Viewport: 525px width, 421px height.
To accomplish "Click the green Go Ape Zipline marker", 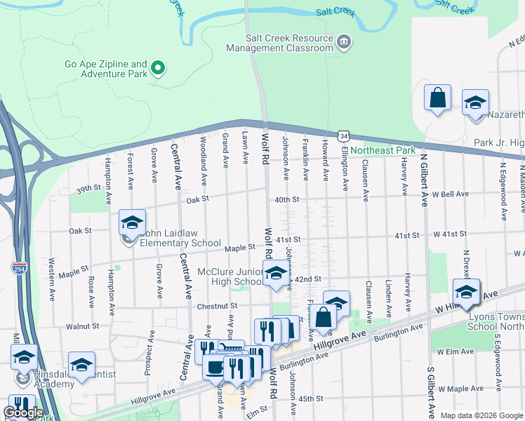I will click(x=159, y=68).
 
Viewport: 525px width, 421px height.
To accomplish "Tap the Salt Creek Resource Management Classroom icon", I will click(x=344, y=42).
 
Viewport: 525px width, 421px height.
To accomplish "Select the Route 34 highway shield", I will click(x=342, y=135).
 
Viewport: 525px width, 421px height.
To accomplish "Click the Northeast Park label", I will click(x=383, y=150).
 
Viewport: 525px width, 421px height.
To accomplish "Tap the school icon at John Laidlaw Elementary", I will click(x=132, y=223).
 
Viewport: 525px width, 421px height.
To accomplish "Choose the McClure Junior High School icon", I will click(x=276, y=274).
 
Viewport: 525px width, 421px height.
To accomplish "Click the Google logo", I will click(x=24, y=412).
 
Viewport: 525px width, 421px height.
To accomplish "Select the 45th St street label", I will click(x=309, y=398).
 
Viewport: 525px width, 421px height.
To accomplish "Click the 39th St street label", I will click(x=89, y=189).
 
